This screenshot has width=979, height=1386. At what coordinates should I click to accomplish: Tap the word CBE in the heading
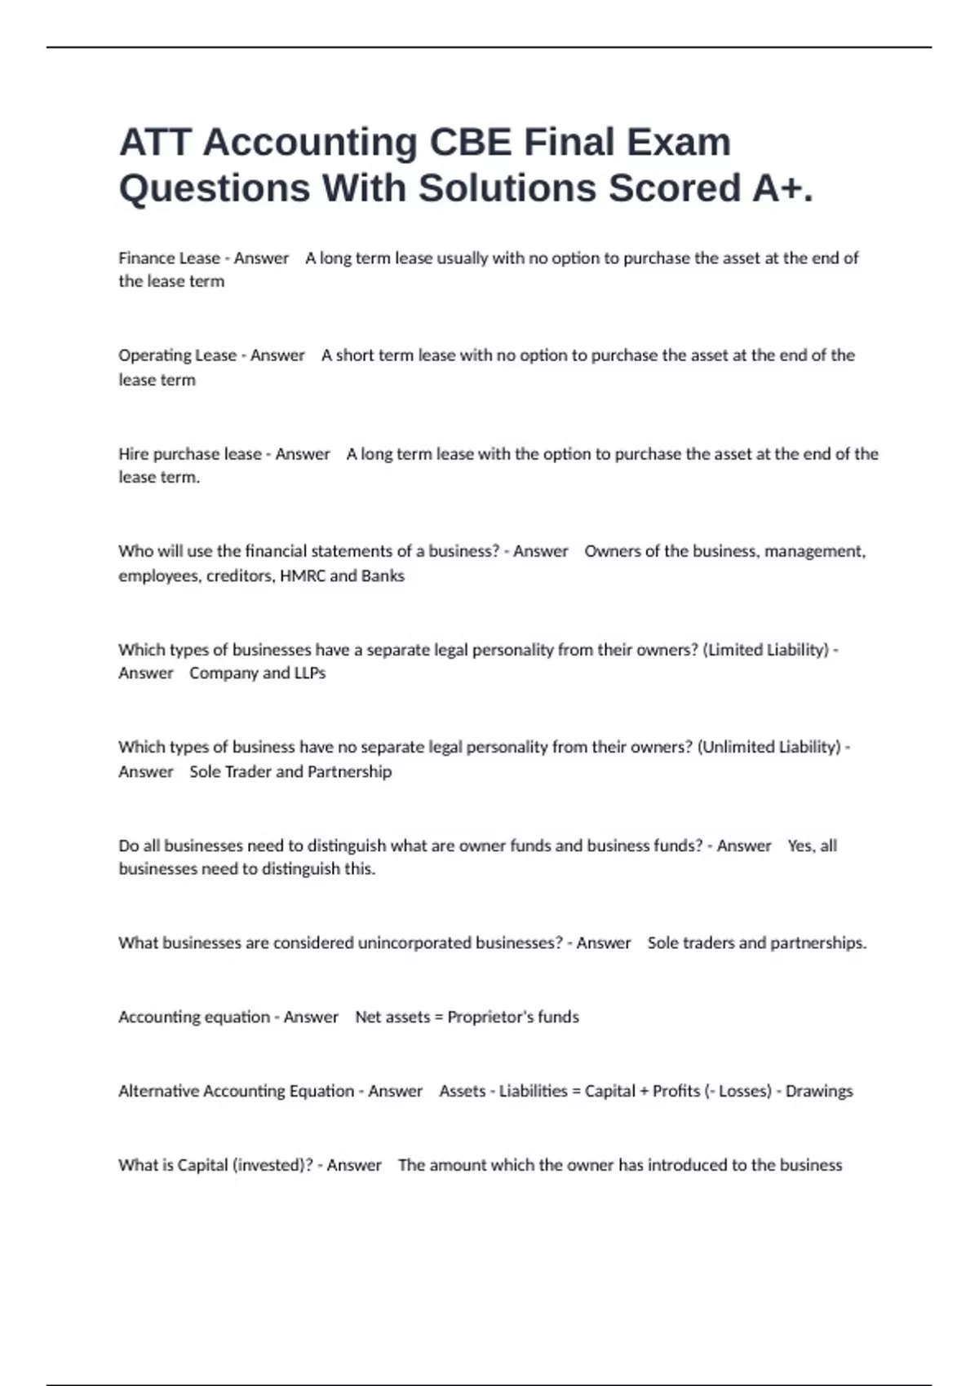pyautogui.click(x=471, y=142)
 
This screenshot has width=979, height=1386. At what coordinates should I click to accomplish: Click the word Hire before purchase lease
pyautogui.click(x=133, y=454)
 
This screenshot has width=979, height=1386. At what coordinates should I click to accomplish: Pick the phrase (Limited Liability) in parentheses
pyautogui.click(x=765, y=650)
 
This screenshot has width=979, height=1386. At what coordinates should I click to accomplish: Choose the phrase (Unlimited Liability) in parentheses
pyautogui.click(x=769, y=747)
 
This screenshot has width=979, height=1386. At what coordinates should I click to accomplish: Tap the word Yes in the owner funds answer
pyautogui.click(x=800, y=845)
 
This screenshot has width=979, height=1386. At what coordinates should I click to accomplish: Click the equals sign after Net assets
pyautogui.click(x=438, y=1017)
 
